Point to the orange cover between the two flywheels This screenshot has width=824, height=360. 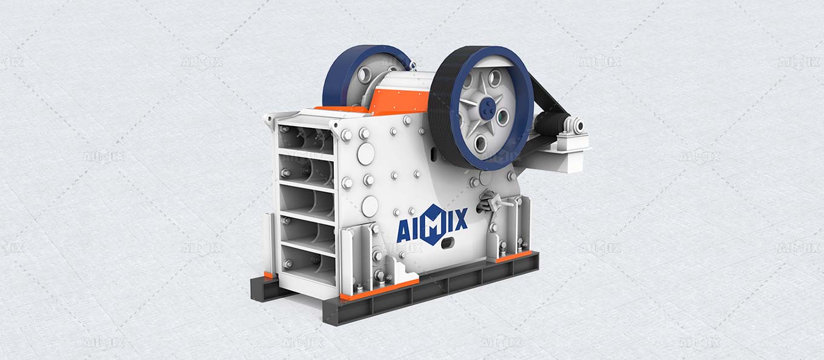click(x=394, y=99)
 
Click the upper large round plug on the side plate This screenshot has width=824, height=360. click(x=365, y=154)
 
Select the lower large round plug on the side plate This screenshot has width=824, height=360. click(x=369, y=205)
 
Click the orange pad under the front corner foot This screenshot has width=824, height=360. click(x=379, y=290)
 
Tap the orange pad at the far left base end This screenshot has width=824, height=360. click(x=268, y=275)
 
